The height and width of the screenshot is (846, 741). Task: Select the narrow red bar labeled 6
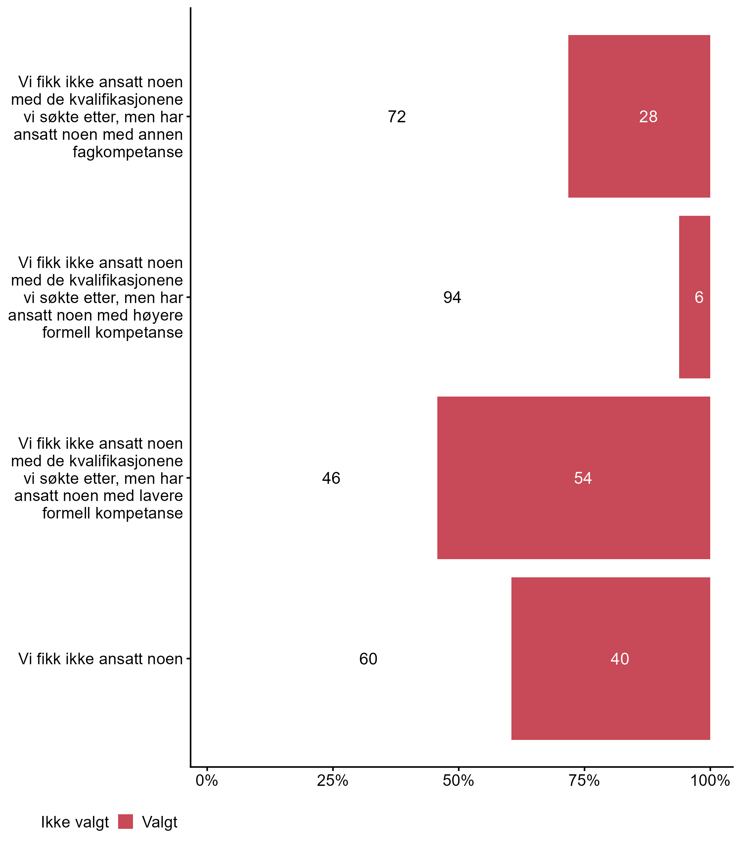click(694, 330)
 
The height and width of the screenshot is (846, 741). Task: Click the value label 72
click(397, 117)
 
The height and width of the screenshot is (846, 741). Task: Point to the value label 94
click(452, 297)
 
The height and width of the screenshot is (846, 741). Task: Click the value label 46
click(331, 479)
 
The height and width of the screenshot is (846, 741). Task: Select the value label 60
click(368, 659)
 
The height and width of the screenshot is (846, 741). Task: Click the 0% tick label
click(207, 781)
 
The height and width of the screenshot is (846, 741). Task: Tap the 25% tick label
click(332, 781)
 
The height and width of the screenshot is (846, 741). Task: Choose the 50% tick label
click(458, 781)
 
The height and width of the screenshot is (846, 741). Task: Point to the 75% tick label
click(584, 781)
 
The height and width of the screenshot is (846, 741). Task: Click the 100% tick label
click(710, 781)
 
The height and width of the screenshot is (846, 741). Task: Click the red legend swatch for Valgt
click(125, 822)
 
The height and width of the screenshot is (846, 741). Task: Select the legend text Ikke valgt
click(75, 823)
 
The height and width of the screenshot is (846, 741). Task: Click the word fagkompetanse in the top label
click(128, 152)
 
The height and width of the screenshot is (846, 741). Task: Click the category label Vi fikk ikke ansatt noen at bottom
click(101, 659)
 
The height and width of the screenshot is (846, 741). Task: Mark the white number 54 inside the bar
click(583, 479)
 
